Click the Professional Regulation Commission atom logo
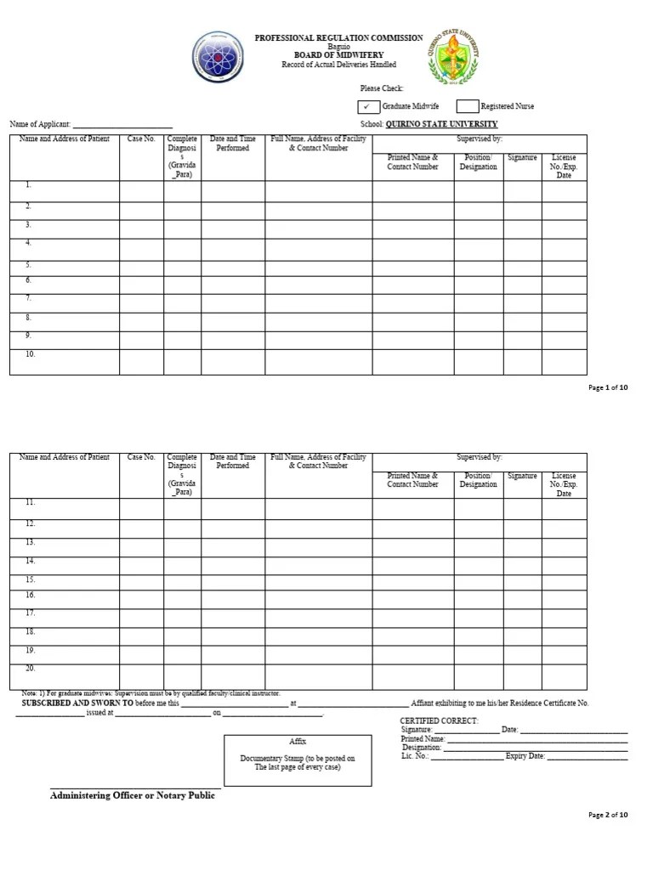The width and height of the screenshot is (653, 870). pyautogui.click(x=218, y=57)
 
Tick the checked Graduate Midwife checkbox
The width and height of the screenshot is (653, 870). pyautogui.click(x=368, y=106)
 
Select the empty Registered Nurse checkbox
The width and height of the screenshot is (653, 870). pyautogui.click(x=467, y=106)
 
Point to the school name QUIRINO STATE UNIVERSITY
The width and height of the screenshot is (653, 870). pyautogui.click(x=441, y=124)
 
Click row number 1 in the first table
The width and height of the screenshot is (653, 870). pyautogui.click(x=28, y=184)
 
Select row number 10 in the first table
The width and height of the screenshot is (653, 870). pyautogui.click(x=30, y=353)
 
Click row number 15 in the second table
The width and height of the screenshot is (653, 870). pyautogui.click(x=30, y=579)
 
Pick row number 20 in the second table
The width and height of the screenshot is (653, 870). pyautogui.click(x=30, y=669)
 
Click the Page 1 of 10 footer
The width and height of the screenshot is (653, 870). pyautogui.click(x=608, y=388)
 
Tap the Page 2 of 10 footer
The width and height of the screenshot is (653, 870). pyautogui.click(x=608, y=815)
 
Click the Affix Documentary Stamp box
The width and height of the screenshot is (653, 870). pyautogui.click(x=298, y=760)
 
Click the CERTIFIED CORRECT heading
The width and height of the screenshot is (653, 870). pyautogui.click(x=439, y=720)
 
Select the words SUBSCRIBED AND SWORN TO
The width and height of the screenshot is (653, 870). pyautogui.click(x=77, y=703)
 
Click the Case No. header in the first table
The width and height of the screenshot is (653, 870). pyautogui.click(x=141, y=138)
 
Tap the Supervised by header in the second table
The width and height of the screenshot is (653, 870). pyautogui.click(x=479, y=457)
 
